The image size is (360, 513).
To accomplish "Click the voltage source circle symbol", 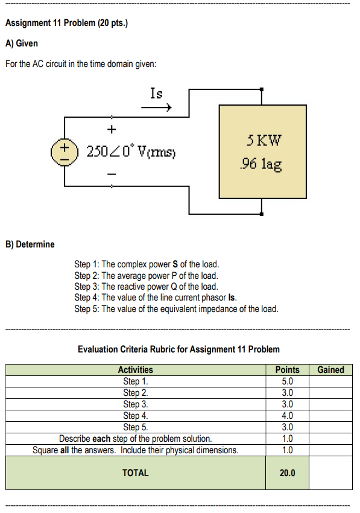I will coord(64,150).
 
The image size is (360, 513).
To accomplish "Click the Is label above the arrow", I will coord(156,94).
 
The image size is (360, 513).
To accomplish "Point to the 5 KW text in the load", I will coord(264,142).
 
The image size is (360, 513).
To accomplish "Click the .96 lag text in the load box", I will coord(261,164).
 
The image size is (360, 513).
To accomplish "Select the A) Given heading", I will coord(21,43).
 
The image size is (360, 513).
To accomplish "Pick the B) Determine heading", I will coord(30,244).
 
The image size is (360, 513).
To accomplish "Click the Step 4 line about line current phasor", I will coord(156,298).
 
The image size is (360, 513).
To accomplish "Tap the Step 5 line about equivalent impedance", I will coord(176,309).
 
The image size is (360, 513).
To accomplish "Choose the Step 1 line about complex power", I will coord(147,264).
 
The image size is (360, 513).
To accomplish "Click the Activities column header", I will coord(135,370).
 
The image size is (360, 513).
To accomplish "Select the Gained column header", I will coord(330,370).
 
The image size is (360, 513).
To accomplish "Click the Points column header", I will coord(287,370).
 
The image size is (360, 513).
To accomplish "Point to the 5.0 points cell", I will coord(287,381).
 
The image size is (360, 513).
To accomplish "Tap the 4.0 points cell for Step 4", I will coord(287,415).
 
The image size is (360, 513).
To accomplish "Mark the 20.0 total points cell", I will coord(287,473).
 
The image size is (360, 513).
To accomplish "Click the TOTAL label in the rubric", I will coord(135,473).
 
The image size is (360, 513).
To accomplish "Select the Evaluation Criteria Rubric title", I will coord(178,349).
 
